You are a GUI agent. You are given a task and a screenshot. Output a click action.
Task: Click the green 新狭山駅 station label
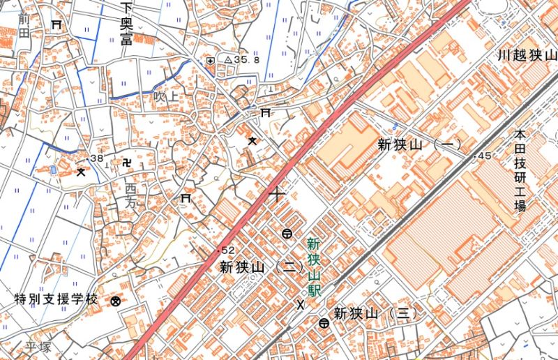[x=313, y=268]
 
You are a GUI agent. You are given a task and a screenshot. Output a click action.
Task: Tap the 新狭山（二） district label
[x=260, y=267]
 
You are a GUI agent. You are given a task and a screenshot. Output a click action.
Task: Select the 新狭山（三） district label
[x=375, y=313]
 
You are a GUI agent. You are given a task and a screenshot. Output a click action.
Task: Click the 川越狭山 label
[x=527, y=54]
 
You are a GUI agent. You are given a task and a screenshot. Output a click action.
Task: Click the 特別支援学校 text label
[x=56, y=300]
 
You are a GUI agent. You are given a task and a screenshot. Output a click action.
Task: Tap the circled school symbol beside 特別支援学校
[x=116, y=301]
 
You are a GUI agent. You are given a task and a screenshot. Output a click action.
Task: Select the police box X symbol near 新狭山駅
[x=301, y=303]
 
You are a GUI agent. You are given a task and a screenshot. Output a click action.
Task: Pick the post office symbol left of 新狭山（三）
[x=324, y=322]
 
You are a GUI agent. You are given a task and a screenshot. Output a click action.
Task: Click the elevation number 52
[x=227, y=250]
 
